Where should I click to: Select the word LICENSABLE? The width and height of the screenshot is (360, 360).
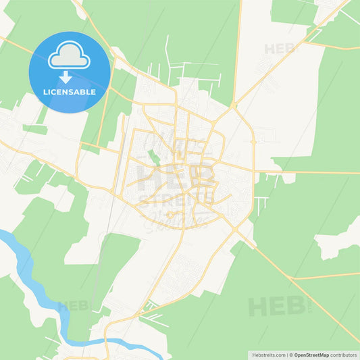(70, 91)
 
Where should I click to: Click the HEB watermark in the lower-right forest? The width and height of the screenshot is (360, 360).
(270, 307)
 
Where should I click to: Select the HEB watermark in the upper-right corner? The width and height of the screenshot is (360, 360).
(279, 49)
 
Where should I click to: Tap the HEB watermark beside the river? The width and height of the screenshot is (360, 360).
(73, 306)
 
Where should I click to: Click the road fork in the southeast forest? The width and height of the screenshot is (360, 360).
(291, 278)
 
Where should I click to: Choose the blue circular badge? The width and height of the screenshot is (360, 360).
(70, 72)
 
